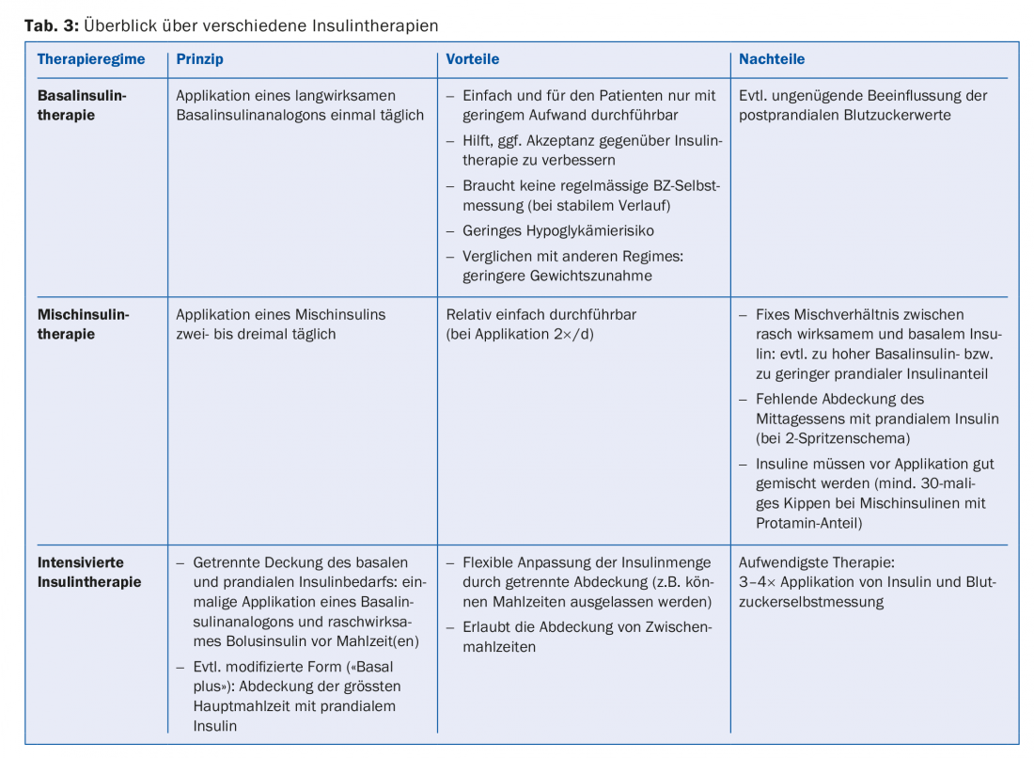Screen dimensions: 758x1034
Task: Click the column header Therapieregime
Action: point(91,59)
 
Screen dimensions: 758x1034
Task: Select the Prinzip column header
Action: point(199,59)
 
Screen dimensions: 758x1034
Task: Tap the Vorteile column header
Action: point(472,59)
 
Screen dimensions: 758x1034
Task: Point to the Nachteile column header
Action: point(772,59)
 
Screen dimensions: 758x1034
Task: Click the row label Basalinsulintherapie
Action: point(82,105)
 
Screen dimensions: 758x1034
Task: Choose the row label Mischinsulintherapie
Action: point(83,324)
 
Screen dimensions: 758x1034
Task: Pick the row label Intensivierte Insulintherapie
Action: point(89,572)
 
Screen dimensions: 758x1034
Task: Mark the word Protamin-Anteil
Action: point(808,523)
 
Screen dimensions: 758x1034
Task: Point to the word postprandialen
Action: point(786,116)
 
